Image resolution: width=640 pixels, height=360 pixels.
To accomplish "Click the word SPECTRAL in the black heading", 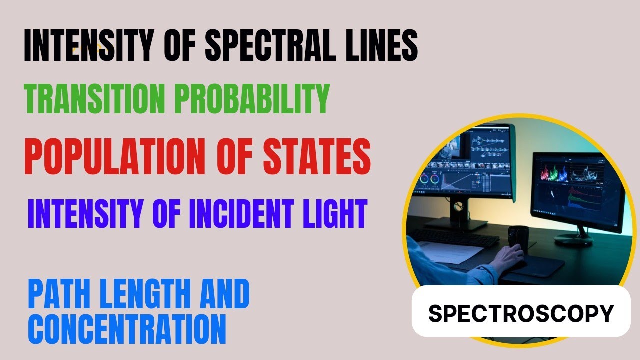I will tap(263, 46).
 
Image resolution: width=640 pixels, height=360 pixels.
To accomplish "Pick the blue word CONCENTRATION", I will tap(128, 328).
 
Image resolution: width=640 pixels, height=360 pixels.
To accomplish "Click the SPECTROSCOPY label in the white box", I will tap(521, 313).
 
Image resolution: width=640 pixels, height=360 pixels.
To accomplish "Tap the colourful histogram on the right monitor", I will tap(552, 175).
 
